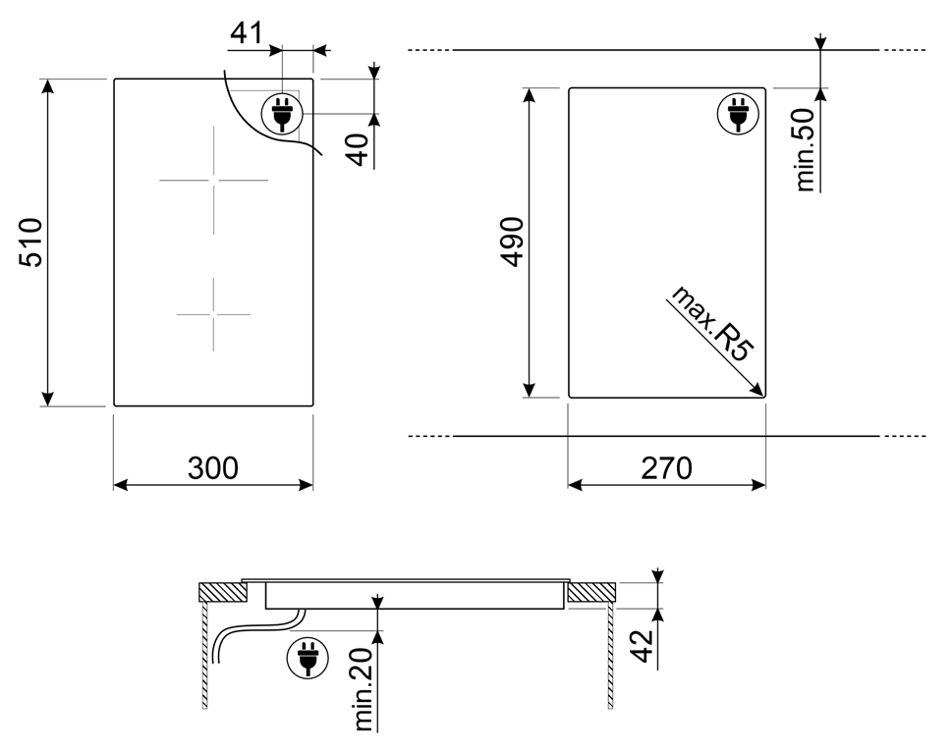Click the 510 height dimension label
click(x=30, y=242)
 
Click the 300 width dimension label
click(x=213, y=468)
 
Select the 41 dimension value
click(x=247, y=33)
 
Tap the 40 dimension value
click(x=359, y=149)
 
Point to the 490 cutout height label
click(x=513, y=242)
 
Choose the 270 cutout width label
click(x=666, y=468)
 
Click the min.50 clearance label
click(x=805, y=149)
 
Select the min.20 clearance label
click(x=364, y=689)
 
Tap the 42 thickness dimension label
click(x=643, y=646)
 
